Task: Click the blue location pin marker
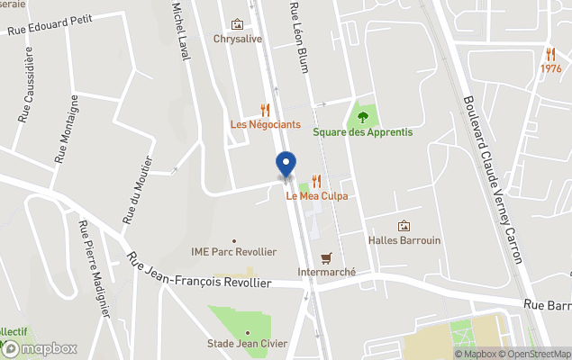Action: [x=286, y=164]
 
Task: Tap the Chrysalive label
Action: [x=238, y=39]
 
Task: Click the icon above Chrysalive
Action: [x=238, y=24]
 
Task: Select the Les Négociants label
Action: [x=266, y=124]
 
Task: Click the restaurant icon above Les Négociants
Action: [x=265, y=110]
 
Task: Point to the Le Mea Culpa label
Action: [x=317, y=195]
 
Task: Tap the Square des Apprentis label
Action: [x=363, y=132]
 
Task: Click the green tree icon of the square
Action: [x=363, y=116]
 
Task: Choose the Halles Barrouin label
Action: [x=404, y=240]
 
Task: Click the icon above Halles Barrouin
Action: [x=404, y=226]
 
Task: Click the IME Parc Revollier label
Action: [x=234, y=252]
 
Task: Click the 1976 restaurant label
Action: [x=551, y=68]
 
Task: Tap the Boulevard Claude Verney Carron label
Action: [x=492, y=180]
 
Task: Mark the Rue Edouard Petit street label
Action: [x=50, y=25]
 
